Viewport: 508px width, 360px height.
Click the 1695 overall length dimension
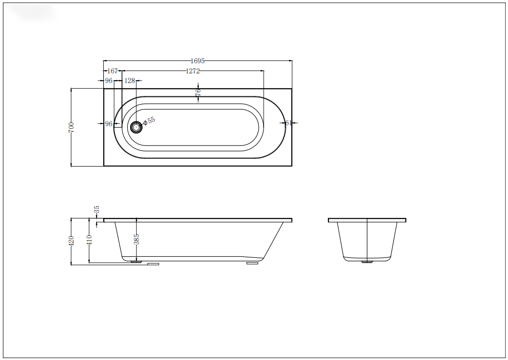click(198, 61)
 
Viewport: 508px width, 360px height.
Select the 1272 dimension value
click(193, 71)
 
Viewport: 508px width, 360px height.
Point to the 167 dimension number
click(112, 71)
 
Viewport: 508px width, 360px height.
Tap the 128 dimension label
click(130, 81)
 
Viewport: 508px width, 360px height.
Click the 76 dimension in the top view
click(198, 93)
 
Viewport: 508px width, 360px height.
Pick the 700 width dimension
click(71, 127)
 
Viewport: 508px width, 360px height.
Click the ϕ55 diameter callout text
click(149, 120)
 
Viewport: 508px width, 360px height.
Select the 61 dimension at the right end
click(289, 123)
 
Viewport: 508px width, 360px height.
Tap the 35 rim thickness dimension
click(97, 210)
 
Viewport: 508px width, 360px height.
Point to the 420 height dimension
click(71, 241)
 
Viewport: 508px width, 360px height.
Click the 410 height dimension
click(89, 240)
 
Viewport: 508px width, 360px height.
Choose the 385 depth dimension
click(136, 239)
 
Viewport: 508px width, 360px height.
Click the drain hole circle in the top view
click(136, 127)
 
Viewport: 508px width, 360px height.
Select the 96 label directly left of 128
click(109, 81)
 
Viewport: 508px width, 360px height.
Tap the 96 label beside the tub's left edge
click(109, 124)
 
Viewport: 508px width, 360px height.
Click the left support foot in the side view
click(153, 264)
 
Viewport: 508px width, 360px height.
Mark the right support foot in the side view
click(252, 263)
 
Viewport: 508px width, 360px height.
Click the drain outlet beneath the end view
click(367, 262)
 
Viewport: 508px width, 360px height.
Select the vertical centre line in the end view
click(367, 240)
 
